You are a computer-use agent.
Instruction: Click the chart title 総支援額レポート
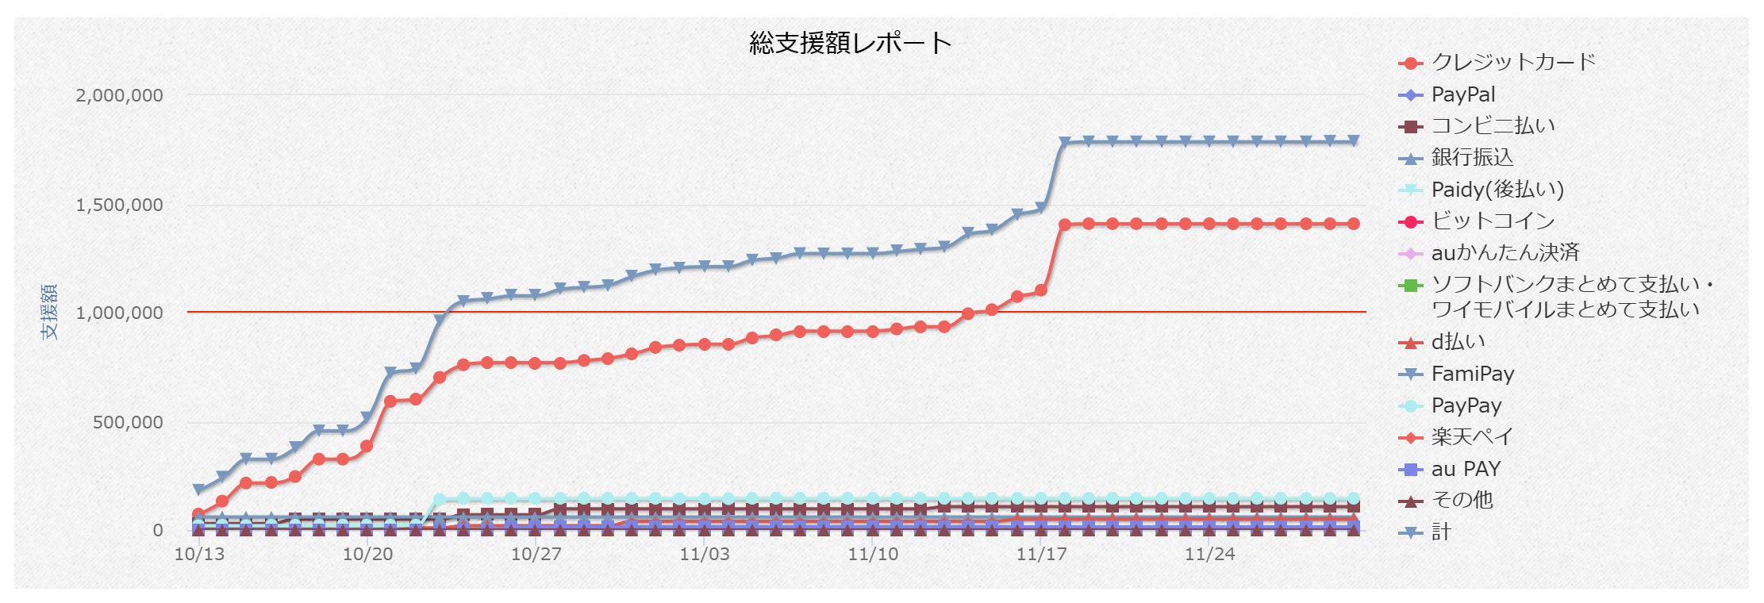pyautogui.click(x=850, y=43)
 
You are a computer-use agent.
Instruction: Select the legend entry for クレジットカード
pyautogui.click(x=1497, y=63)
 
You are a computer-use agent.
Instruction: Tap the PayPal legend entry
pyautogui.click(x=1447, y=95)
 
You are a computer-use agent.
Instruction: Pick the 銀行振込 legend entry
pyautogui.click(x=1456, y=158)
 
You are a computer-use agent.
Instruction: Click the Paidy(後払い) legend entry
pyautogui.click(x=1481, y=190)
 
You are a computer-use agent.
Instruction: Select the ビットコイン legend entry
pyautogui.click(x=1477, y=221)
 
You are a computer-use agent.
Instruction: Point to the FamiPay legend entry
pyautogui.click(x=1456, y=374)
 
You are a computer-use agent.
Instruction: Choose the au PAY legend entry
pyautogui.click(x=1449, y=469)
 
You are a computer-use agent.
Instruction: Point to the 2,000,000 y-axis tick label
pyautogui.click(x=119, y=95)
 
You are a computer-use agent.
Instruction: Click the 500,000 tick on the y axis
pyautogui.click(x=128, y=422)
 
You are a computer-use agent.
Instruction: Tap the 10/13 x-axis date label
pyautogui.click(x=199, y=554)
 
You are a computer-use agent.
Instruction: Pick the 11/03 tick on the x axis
pyautogui.click(x=705, y=554)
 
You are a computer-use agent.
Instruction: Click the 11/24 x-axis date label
pyautogui.click(x=1210, y=554)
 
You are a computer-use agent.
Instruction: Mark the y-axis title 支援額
pyautogui.click(x=50, y=311)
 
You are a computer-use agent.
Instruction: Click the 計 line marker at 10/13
pyautogui.click(x=198, y=490)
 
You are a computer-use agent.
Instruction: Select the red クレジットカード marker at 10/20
pyautogui.click(x=367, y=447)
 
